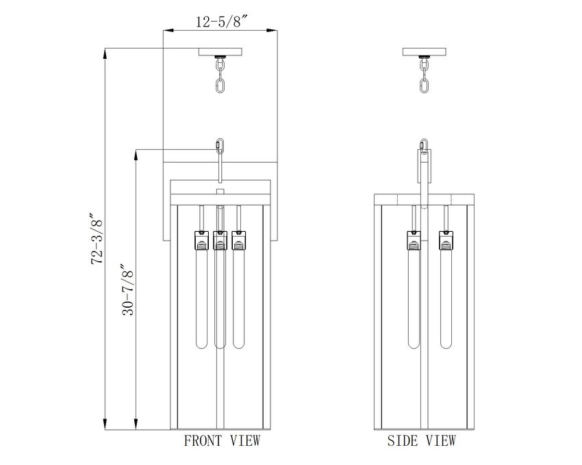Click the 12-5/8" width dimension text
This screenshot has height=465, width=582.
coord(222,22)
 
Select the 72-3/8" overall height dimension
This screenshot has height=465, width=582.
coord(97,238)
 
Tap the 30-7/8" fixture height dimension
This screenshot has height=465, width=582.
coord(127,289)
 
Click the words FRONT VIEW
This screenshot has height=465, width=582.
coord(223,440)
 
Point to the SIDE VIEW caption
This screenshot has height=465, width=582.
coord(421,440)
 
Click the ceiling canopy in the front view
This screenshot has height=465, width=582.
coord(220,52)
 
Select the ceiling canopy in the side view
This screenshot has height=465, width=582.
coord(425,52)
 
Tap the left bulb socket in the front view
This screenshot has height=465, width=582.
coord(201,240)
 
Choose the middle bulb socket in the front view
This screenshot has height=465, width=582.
coord(220,240)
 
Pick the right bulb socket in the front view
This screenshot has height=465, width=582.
coord(239,240)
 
